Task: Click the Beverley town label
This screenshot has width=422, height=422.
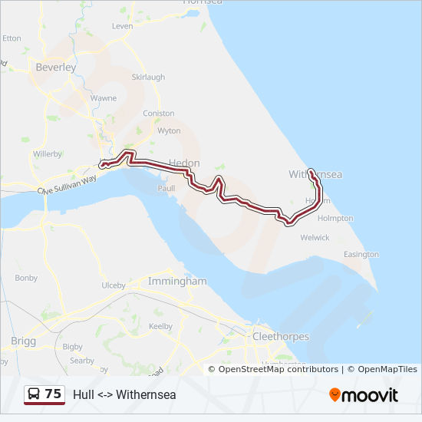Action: (56, 68)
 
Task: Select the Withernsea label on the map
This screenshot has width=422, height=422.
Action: (315, 175)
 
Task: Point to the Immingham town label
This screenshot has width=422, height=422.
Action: (178, 282)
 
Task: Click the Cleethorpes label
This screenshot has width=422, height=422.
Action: (281, 337)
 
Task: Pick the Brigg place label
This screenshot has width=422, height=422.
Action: (23, 340)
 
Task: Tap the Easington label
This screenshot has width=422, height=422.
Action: (361, 254)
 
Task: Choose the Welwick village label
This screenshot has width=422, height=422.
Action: (315, 238)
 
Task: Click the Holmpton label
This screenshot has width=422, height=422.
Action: (335, 219)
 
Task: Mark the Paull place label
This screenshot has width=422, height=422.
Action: (166, 188)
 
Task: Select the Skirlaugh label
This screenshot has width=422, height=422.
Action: (148, 77)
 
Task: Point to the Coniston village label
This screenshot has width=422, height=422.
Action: (159, 114)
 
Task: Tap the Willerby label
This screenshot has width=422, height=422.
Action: (48, 154)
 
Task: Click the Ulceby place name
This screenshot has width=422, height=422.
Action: (114, 285)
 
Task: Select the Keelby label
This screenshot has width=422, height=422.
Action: (160, 326)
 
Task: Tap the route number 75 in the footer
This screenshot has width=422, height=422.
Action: (53, 394)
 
